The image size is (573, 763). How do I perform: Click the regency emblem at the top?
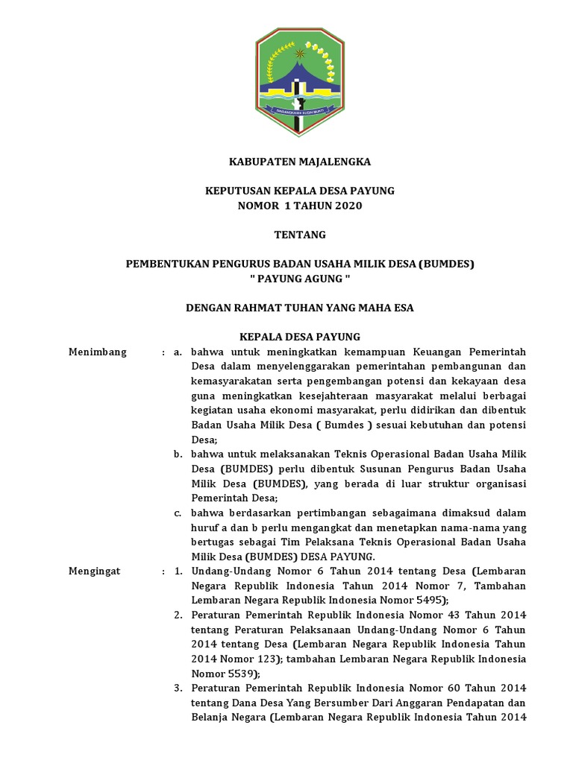[x=299, y=82]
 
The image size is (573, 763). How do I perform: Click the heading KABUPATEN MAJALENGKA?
[x=299, y=162]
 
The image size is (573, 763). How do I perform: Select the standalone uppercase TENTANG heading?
[x=300, y=235]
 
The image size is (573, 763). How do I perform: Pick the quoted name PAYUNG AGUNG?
[x=299, y=279]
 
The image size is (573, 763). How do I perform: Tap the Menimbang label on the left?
[x=98, y=352]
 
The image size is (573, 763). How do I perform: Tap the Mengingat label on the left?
[x=95, y=571]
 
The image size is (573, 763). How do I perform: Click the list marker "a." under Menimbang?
[x=178, y=352]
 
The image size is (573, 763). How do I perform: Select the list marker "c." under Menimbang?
[x=178, y=513]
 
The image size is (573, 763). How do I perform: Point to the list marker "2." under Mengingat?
[x=178, y=615]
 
